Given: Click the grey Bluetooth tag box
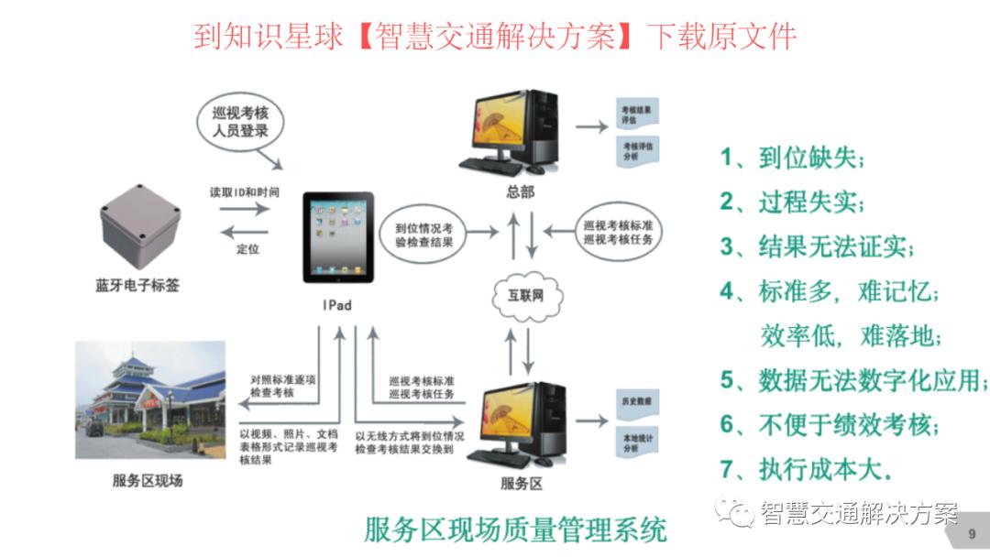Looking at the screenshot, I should click(x=139, y=225).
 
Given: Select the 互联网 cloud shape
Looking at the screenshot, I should click(x=524, y=295).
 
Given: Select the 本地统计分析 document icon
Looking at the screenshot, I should click(x=636, y=442).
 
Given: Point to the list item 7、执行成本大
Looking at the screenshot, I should click(x=806, y=469).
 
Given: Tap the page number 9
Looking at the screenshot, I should click(x=971, y=533).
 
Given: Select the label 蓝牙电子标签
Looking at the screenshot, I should click(x=137, y=285).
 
